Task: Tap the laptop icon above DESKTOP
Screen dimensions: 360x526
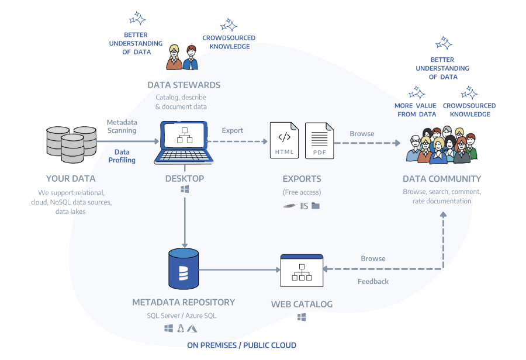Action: (x=185, y=142)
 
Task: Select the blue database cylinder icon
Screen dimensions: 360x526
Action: (x=183, y=269)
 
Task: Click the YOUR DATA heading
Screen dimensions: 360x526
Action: (x=70, y=179)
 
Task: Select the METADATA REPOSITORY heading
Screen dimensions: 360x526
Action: (x=184, y=302)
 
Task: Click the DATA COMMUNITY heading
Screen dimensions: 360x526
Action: (x=442, y=179)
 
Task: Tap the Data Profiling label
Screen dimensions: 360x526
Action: (x=122, y=156)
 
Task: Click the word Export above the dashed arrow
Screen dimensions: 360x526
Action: (x=233, y=130)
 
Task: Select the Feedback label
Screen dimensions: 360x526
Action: (x=373, y=281)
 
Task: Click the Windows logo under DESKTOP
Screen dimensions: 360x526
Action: (x=185, y=190)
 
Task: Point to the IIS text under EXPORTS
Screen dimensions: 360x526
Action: (x=304, y=206)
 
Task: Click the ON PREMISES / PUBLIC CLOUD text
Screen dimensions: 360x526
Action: (x=241, y=345)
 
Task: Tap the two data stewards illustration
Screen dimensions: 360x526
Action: (x=182, y=57)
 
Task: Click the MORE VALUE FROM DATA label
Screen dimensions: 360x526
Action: (x=416, y=110)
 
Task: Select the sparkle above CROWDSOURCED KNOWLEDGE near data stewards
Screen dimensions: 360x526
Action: (x=229, y=25)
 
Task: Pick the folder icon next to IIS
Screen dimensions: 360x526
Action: (x=316, y=206)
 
